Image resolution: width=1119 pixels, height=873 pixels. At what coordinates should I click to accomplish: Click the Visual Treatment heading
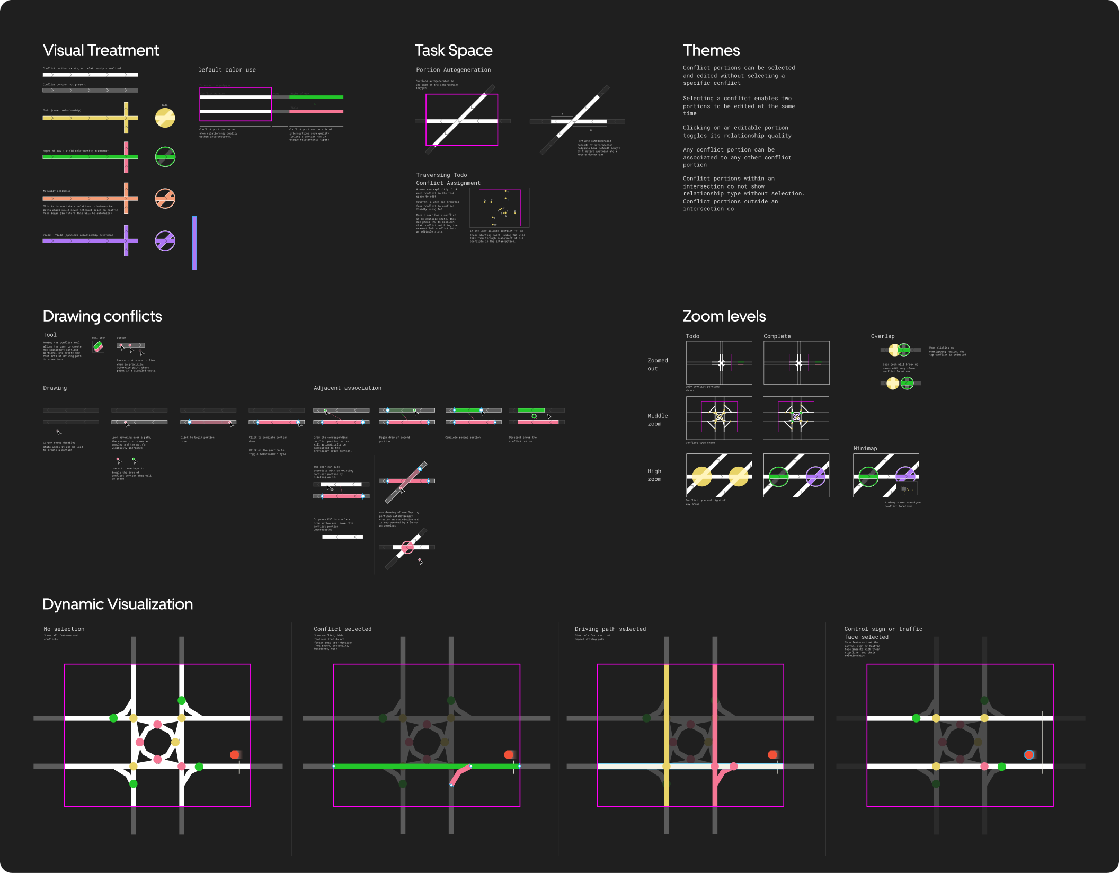point(101,50)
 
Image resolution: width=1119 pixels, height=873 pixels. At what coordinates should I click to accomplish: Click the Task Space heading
point(453,50)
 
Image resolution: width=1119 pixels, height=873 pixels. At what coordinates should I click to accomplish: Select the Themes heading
point(711,50)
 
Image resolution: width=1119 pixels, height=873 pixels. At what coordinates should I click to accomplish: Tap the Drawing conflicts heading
point(102,316)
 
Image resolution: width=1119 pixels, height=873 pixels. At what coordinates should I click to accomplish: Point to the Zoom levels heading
point(724,316)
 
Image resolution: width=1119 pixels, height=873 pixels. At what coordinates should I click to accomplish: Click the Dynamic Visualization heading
point(118,604)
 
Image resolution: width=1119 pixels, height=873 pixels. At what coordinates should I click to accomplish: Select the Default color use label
point(227,70)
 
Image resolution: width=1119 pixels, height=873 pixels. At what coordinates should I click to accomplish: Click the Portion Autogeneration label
point(453,70)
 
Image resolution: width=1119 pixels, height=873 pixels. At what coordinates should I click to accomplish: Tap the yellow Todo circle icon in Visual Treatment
point(165,118)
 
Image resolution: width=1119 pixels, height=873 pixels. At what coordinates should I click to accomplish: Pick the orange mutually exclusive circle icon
point(165,199)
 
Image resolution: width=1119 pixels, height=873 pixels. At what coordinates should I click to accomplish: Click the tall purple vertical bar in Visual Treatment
point(194,243)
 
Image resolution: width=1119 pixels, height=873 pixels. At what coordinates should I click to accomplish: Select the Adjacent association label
point(347,388)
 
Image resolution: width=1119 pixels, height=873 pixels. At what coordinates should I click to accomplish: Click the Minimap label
point(865,449)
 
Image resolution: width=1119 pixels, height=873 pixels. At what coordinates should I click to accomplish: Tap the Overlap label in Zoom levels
point(882,336)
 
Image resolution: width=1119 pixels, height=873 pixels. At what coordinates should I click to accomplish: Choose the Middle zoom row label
point(657,420)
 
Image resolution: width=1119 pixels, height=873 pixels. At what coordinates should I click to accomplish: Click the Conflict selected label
point(342,629)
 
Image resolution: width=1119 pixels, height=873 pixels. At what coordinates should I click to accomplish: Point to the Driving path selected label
point(610,629)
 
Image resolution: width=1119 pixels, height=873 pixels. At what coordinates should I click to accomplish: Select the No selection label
point(64,629)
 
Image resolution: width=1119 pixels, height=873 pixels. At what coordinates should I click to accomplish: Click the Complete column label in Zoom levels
point(777,336)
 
